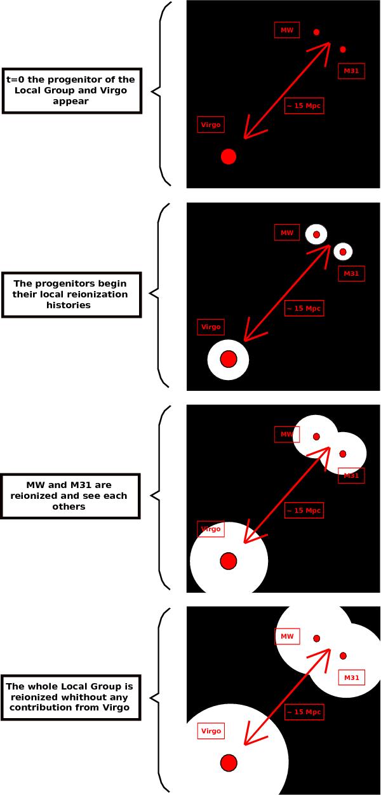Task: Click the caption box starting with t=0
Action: click(x=71, y=90)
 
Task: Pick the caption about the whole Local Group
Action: click(x=70, y=697)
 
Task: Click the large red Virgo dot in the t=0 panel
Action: click(x=229, y=156)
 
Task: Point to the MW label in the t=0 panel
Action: click(x=287, y=30)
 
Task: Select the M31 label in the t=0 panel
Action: click(x=351, y=71)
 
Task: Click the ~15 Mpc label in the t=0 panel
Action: click(x=304, y=105)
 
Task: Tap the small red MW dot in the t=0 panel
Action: click(x=316, y=32)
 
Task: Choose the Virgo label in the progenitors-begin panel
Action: click(x=211, y=327)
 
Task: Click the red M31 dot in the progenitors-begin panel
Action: click(x=343, y=252)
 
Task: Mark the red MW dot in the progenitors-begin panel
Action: click(x=316, y=234)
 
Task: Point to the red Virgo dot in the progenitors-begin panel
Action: click(x=229, y=359)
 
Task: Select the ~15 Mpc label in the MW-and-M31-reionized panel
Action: click(x=304, y=510)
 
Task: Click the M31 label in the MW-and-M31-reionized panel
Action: click(x=351, y=475)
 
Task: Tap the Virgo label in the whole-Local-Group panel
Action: click(x=211, y=731)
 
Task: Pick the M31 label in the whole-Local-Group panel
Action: click(x=351, y=678)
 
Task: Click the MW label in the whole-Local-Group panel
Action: click(x=287, y=636)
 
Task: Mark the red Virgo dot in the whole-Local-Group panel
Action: click(x=229, y=763)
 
